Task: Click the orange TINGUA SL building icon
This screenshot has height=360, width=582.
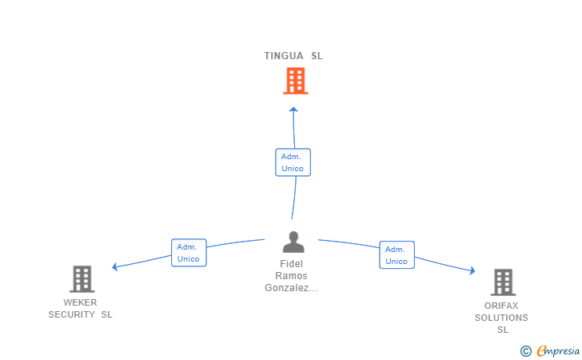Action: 296,81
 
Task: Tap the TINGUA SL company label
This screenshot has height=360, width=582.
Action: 293,56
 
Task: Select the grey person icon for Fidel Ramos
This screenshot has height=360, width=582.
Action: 293,242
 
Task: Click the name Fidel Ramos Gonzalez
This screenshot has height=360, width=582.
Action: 291,276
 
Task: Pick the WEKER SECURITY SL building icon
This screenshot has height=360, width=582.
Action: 82,279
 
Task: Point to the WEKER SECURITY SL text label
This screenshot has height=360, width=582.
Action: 80,308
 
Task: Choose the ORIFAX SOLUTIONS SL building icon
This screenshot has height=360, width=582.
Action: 504,282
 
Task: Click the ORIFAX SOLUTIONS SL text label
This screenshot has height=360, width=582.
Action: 501,318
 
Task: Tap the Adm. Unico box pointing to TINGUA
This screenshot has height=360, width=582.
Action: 293,162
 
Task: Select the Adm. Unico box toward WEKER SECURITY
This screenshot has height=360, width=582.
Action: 189,253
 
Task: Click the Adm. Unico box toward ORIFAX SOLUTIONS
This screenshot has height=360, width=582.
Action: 397,255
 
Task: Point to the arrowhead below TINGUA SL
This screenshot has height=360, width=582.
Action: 293,110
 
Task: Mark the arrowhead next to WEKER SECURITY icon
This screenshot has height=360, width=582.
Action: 115,266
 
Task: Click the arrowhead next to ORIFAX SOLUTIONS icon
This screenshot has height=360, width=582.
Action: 472,270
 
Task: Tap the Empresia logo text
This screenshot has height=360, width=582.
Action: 558,350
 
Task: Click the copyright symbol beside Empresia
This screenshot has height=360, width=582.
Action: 526,351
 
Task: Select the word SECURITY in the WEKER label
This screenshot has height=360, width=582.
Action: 72,314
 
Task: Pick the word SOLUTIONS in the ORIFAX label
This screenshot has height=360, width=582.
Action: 501,318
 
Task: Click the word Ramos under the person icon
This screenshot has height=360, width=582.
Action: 291,276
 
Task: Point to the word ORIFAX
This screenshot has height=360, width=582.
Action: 501,306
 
